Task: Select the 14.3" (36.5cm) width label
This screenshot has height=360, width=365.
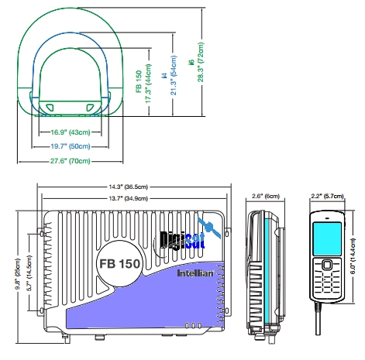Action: tap(135, 187)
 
